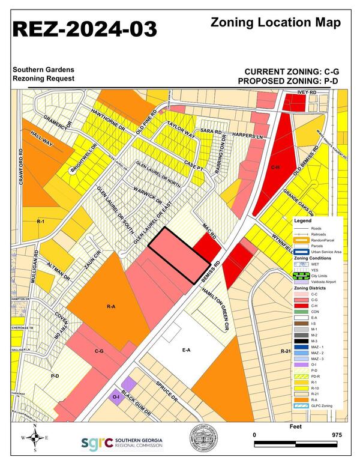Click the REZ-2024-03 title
[x=85, y=28]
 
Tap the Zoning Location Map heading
[x=276, y=23]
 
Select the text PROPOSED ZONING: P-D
[x=289, y=81]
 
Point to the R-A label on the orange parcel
[x=110, y=307]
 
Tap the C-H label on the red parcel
[x=275, y=168]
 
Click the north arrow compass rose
[x=35, y=438]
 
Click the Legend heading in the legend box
[x=302, y=220]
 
